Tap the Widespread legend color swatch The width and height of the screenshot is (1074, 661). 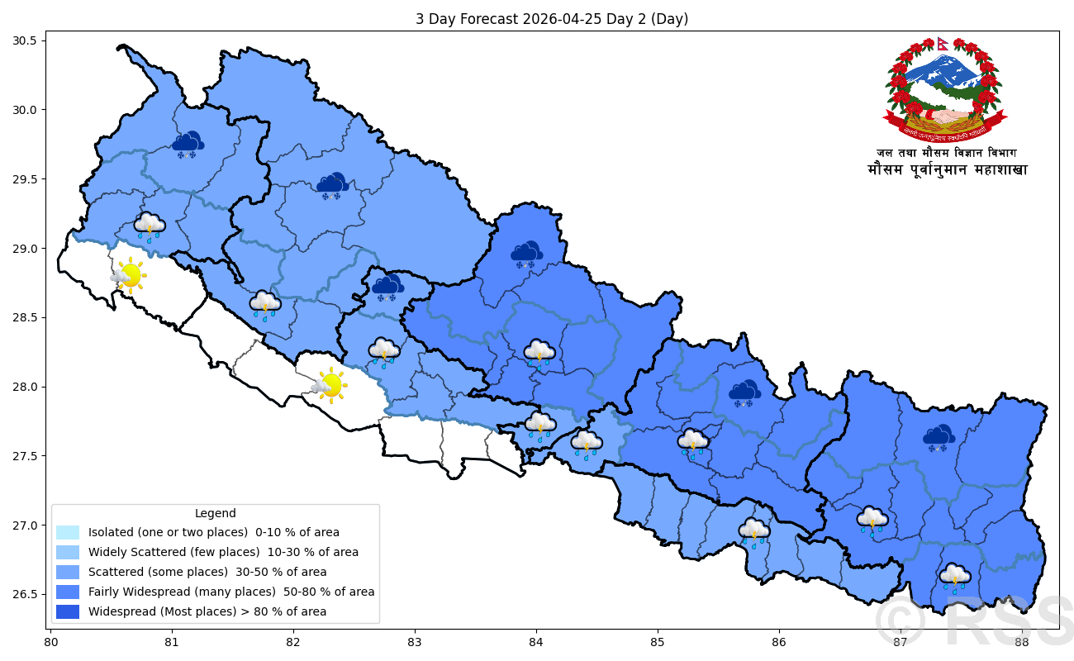(x=68, y=611)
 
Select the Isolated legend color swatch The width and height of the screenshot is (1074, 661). (x=68, y=532)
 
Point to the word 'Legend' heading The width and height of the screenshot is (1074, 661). (x=215, y=513)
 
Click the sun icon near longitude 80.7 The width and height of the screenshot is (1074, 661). (x=129, y=275)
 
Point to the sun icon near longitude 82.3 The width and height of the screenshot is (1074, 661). (x=330, y=385)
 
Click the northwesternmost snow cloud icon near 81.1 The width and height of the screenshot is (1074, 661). (x=189, y=145)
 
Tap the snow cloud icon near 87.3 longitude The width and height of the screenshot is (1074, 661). (x=939, y=439)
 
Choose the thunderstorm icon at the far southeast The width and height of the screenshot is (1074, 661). (x=955, y=578)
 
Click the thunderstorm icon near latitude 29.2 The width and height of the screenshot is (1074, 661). (x=150, y=226)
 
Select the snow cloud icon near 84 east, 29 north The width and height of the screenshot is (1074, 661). (x=525, y=254)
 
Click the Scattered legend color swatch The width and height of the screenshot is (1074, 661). (x=68, y=572)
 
